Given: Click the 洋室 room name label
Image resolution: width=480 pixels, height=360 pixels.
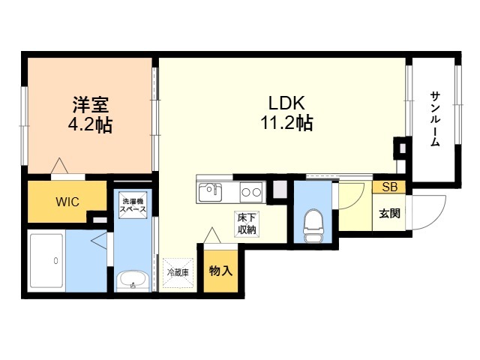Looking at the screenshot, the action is coord(91,105).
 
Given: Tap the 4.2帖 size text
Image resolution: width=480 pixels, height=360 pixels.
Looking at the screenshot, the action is coord(90,124).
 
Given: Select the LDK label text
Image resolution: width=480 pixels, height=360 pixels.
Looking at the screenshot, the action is coord(286,103).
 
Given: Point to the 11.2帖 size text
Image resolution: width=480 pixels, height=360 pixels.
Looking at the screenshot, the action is coord(286,123).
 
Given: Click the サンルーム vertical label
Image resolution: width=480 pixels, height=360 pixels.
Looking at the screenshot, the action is coord(435,118).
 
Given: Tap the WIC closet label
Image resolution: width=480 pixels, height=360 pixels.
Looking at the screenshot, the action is coord(67,202).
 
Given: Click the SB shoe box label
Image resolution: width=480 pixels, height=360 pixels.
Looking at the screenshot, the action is coord(390,187).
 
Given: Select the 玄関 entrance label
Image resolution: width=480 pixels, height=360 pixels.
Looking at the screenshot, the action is coord(389,213).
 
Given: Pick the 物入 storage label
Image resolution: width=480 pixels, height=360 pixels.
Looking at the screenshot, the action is coord(220,271).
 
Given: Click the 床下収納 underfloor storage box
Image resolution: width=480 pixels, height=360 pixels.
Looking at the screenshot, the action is coord(247,224).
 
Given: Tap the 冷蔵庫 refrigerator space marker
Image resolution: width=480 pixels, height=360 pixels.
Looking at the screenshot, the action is coord(178,273).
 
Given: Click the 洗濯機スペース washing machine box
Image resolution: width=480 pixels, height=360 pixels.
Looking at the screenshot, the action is coord(133,205).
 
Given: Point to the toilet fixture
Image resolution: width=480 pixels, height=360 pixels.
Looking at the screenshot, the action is coord(313,226).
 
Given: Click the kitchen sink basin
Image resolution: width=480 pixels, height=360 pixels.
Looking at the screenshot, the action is coord(210,192).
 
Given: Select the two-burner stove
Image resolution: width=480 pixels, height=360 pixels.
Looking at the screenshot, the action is coord(251,192).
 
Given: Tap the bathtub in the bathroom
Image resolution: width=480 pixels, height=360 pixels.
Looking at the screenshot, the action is coord(46,261).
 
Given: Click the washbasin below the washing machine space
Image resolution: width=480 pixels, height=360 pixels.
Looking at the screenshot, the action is coord(133,280).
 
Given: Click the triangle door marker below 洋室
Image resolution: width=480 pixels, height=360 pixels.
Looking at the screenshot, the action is coord(59,166).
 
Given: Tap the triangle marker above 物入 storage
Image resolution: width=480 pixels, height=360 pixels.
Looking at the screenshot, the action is coord(212,235).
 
